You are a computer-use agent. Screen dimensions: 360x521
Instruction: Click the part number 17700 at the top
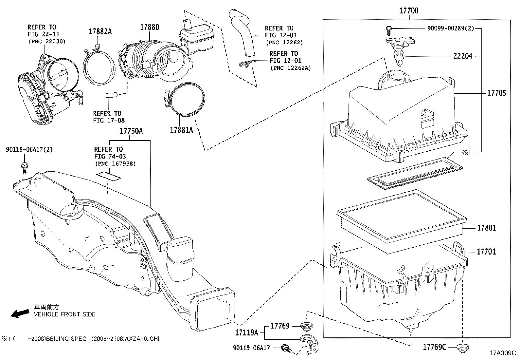408,11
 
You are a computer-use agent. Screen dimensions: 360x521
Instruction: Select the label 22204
463,56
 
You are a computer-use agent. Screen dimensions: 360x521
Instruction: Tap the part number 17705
496,93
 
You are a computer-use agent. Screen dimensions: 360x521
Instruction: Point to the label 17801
486,228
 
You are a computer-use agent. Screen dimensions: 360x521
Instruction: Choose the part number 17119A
246,333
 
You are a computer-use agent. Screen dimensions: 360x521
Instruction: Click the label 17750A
131,131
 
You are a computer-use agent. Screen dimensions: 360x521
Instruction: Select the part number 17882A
100,31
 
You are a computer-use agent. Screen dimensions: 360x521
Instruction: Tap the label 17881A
181,130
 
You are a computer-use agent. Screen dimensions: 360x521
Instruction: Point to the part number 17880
150,27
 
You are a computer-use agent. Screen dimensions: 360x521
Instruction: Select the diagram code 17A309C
503,353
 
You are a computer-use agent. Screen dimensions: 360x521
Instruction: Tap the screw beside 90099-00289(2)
388,30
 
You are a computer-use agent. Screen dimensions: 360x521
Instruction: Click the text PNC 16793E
115,163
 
